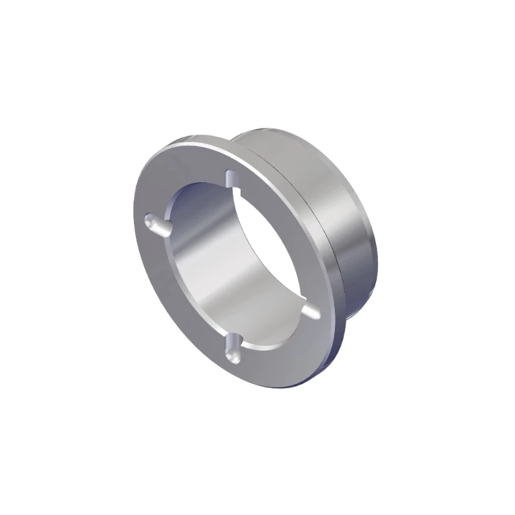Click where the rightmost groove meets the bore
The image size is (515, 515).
pyautogui.click(x=303, y=308)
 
